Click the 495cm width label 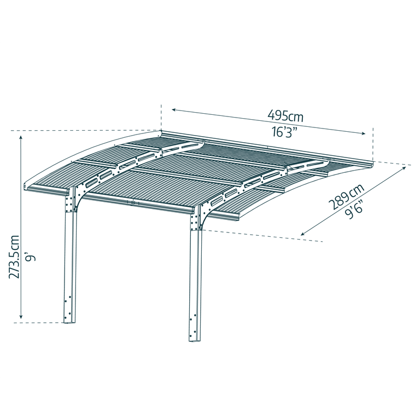pyautogui.click(x=285, y=116)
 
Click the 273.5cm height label pyautogui.click(x=15, y=257)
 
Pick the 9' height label pyautogui.click(x=31, y=256)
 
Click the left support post pyautogui.click(x=70, y=262)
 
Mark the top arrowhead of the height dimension pyautogui.click(x=21, y=138)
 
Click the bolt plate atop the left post pyautogui.click(x=69, y=201)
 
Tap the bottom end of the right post pyautogui.click(x=195, y=340)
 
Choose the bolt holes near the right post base pyautogui.click(x=192, y=325)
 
